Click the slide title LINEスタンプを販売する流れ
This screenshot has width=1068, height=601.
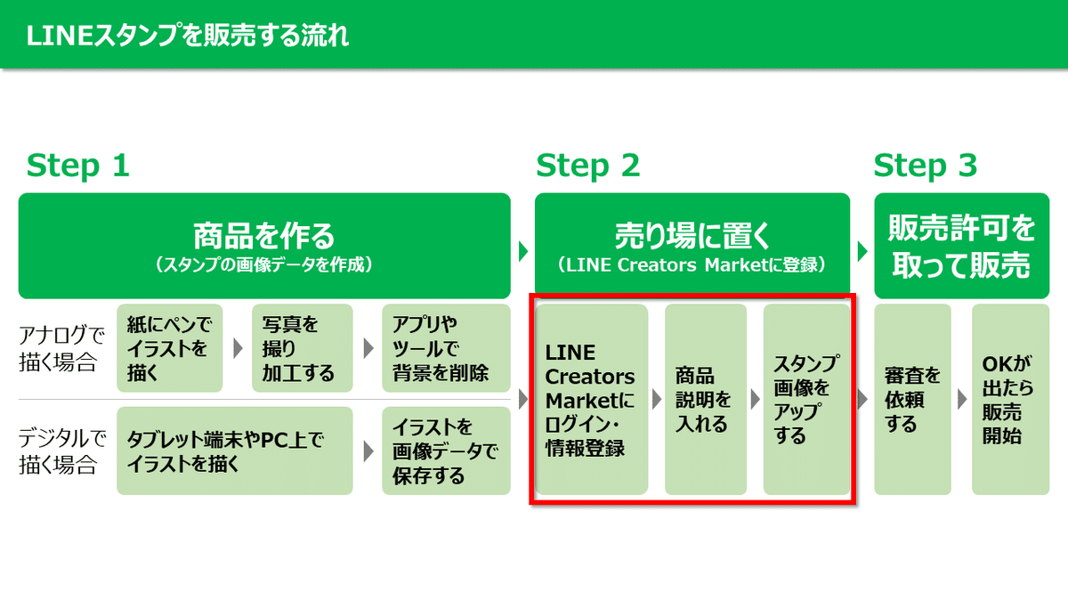point(188,36)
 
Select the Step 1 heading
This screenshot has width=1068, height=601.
point(77,166)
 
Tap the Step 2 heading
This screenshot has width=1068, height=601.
point(587,166)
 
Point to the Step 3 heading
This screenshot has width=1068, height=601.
point(925,166)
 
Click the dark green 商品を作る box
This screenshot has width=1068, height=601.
point(264,246)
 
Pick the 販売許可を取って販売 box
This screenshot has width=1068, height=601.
point(962,246)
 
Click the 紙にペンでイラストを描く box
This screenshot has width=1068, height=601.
point(170,348)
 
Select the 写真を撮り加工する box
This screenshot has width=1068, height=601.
point(303,348)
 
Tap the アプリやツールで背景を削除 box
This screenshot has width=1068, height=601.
point(446,348)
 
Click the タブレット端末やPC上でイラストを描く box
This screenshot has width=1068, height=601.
point(235,451)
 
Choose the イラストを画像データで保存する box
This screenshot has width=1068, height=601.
point(446,451)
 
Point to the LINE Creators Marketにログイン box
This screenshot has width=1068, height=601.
point(592,400)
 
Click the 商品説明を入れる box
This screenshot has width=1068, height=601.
point(706,400)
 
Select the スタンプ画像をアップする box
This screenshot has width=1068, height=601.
point(806,400)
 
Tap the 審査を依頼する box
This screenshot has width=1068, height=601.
point(912,400)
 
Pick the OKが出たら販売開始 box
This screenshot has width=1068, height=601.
point(1011,400)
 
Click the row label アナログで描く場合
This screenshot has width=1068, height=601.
point(61,349)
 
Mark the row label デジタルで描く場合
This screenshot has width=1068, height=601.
point(62,451)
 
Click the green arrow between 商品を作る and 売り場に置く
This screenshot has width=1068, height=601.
point(523,251)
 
